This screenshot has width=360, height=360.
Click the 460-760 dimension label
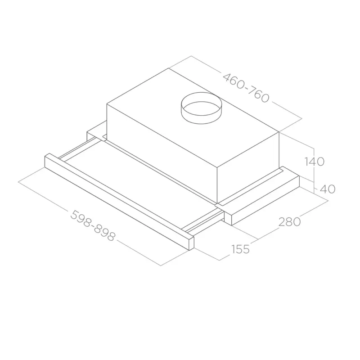[x=246, y=88]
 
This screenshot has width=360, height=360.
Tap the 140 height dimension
[x=314, y=162]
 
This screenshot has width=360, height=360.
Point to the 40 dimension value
[x=328, y=189]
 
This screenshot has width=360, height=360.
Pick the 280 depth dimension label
[x=289, y=222]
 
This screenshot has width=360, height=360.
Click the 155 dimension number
[x=240, y=249]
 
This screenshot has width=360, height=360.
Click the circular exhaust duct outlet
[x=202, y=108]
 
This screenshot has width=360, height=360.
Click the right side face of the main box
[x=248, y=167]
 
